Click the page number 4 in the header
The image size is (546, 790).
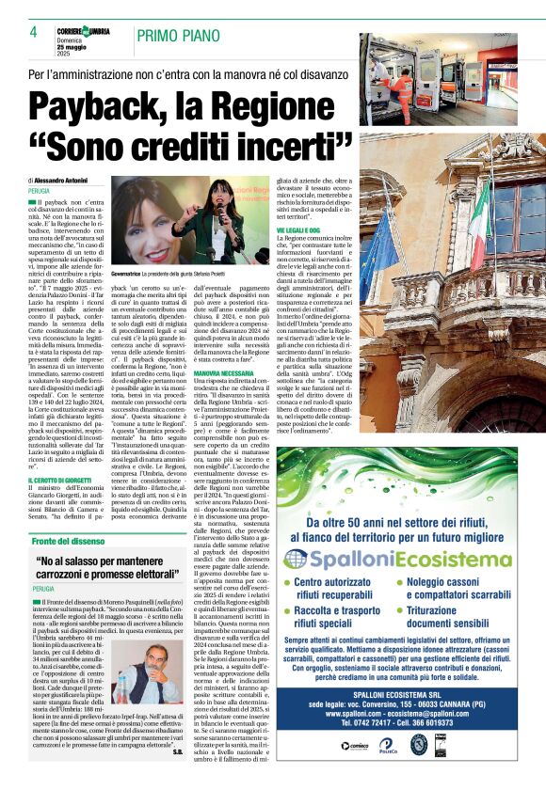pos(33,33)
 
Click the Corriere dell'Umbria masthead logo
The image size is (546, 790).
pos(83,33)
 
